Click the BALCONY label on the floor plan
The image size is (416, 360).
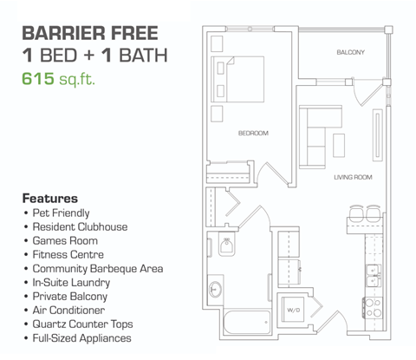(350, 53)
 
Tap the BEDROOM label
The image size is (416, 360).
(253, 133)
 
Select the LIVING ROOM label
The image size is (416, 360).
(353, 177)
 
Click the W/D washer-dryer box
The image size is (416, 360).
(294, 310)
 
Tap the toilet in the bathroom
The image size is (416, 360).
(226, 251)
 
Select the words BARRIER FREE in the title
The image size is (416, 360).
(90, 34)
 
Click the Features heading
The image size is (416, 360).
(50, 198)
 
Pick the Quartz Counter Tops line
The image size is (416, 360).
(82, 324)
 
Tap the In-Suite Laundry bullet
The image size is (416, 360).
(72, 282)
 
